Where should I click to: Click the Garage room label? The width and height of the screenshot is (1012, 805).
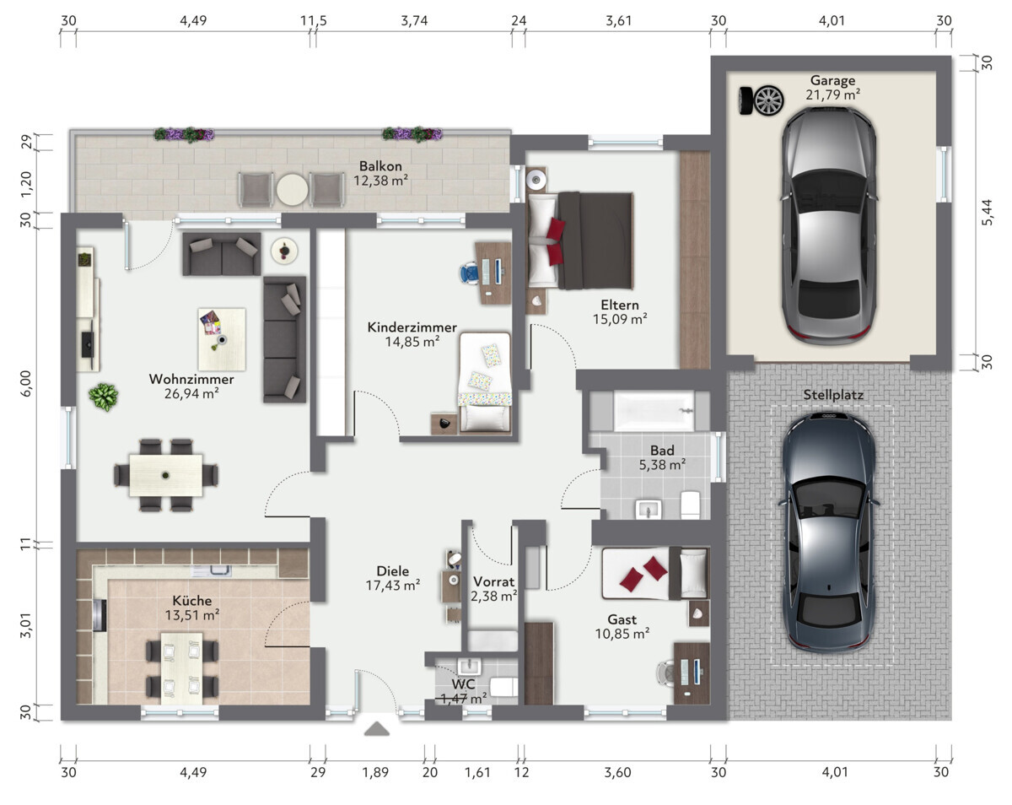click(x=832, y=80)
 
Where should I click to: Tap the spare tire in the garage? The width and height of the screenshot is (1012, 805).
click(x=762, y=100)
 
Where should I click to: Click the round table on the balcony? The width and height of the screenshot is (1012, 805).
click(x=292, y=190)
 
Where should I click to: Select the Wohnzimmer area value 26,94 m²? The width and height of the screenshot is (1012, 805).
click(x=191, y=393)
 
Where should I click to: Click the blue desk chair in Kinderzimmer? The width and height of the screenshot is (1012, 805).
click(x=469, y=273)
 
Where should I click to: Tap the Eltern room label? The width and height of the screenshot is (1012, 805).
click(x=619, y=305)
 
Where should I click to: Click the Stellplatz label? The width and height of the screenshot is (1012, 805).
click(x=833, y=395)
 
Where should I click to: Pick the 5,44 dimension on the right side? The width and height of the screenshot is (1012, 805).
click(x=988, y=212)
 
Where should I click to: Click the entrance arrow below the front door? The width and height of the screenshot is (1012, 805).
click(x=377, y=729)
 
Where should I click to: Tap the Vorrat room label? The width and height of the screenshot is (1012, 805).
click(x=494, y=581)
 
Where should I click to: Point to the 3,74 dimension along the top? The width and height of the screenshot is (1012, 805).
click(x=414, y=21)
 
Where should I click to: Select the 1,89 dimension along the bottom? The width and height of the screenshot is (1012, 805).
click(x=375, y=772)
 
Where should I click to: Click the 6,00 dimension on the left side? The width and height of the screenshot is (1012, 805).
click(x=26, y=383)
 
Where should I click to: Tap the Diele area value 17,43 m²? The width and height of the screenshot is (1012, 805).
click(x=393, y=586)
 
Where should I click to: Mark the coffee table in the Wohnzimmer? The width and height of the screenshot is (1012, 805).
click(x=222, y=339)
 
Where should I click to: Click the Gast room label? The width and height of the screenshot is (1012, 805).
click(x=622, y=619)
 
